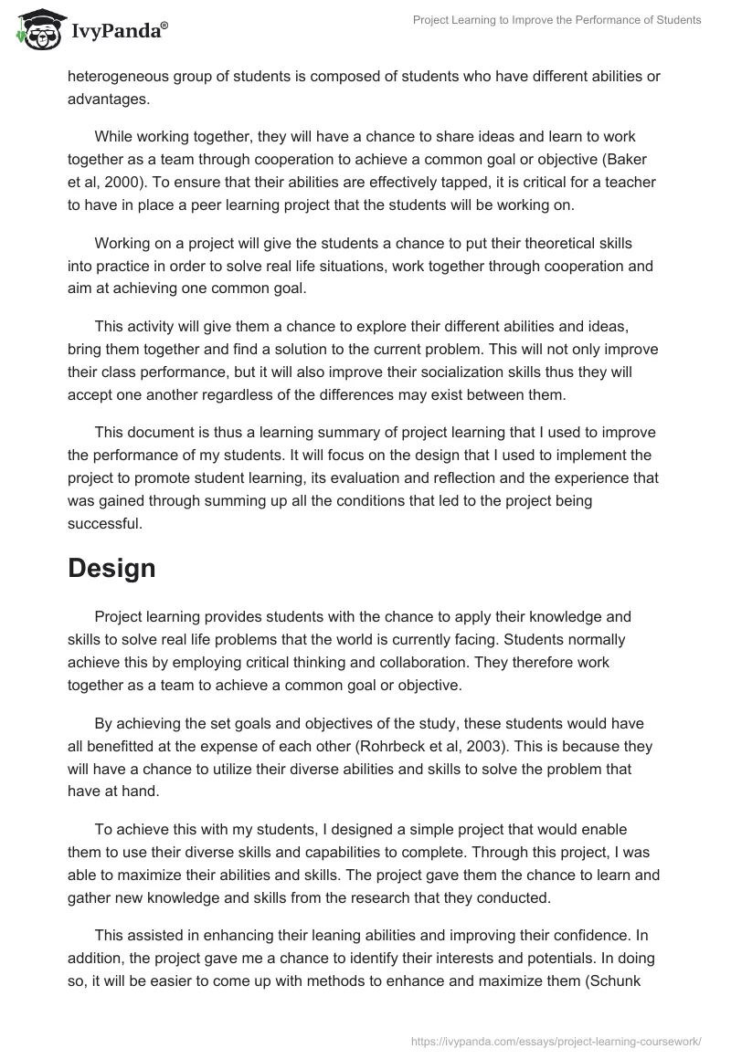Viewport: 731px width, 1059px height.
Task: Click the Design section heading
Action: click(111, 568)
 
